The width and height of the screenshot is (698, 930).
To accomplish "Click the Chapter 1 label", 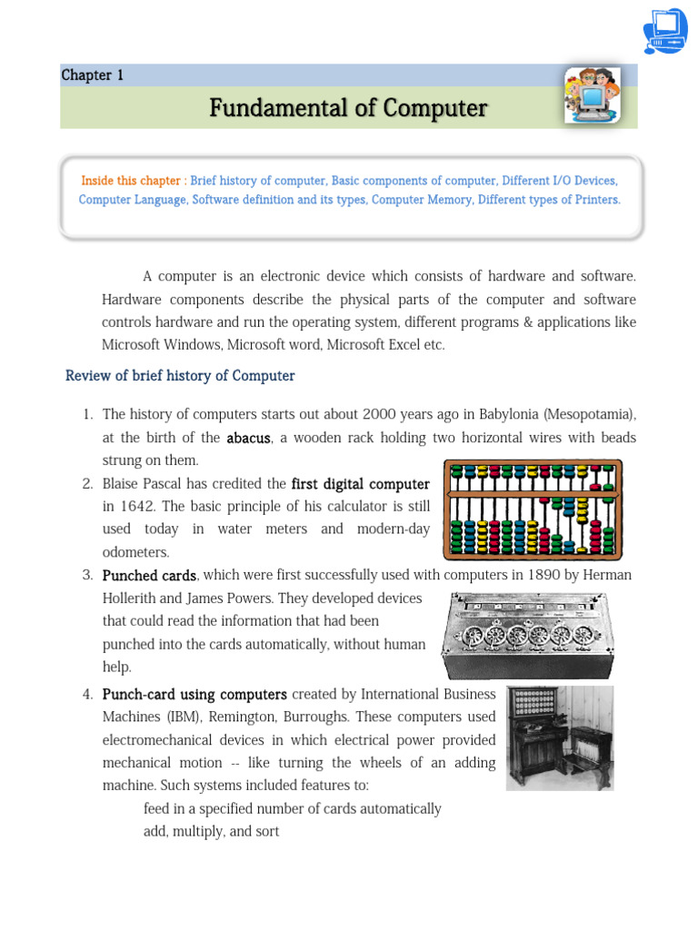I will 92,75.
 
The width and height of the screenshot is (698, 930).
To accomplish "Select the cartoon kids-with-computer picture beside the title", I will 592,95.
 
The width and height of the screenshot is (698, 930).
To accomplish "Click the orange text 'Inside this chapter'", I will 134,181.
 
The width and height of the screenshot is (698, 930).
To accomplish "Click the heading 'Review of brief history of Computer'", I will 180,376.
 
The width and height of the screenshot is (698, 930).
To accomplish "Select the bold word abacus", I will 248,438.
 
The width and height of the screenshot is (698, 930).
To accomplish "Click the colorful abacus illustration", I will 532,509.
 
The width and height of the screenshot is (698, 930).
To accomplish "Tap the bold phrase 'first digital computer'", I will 360,484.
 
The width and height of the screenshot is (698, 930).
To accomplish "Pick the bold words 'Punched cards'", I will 149,576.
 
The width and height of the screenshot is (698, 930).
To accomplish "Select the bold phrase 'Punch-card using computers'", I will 194,695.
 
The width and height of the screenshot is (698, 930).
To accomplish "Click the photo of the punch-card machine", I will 559,737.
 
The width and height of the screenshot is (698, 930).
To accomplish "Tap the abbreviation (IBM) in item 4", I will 121,717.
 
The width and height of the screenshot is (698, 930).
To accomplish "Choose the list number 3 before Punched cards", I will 87,576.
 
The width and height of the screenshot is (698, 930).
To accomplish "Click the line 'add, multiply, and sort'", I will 211,831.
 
